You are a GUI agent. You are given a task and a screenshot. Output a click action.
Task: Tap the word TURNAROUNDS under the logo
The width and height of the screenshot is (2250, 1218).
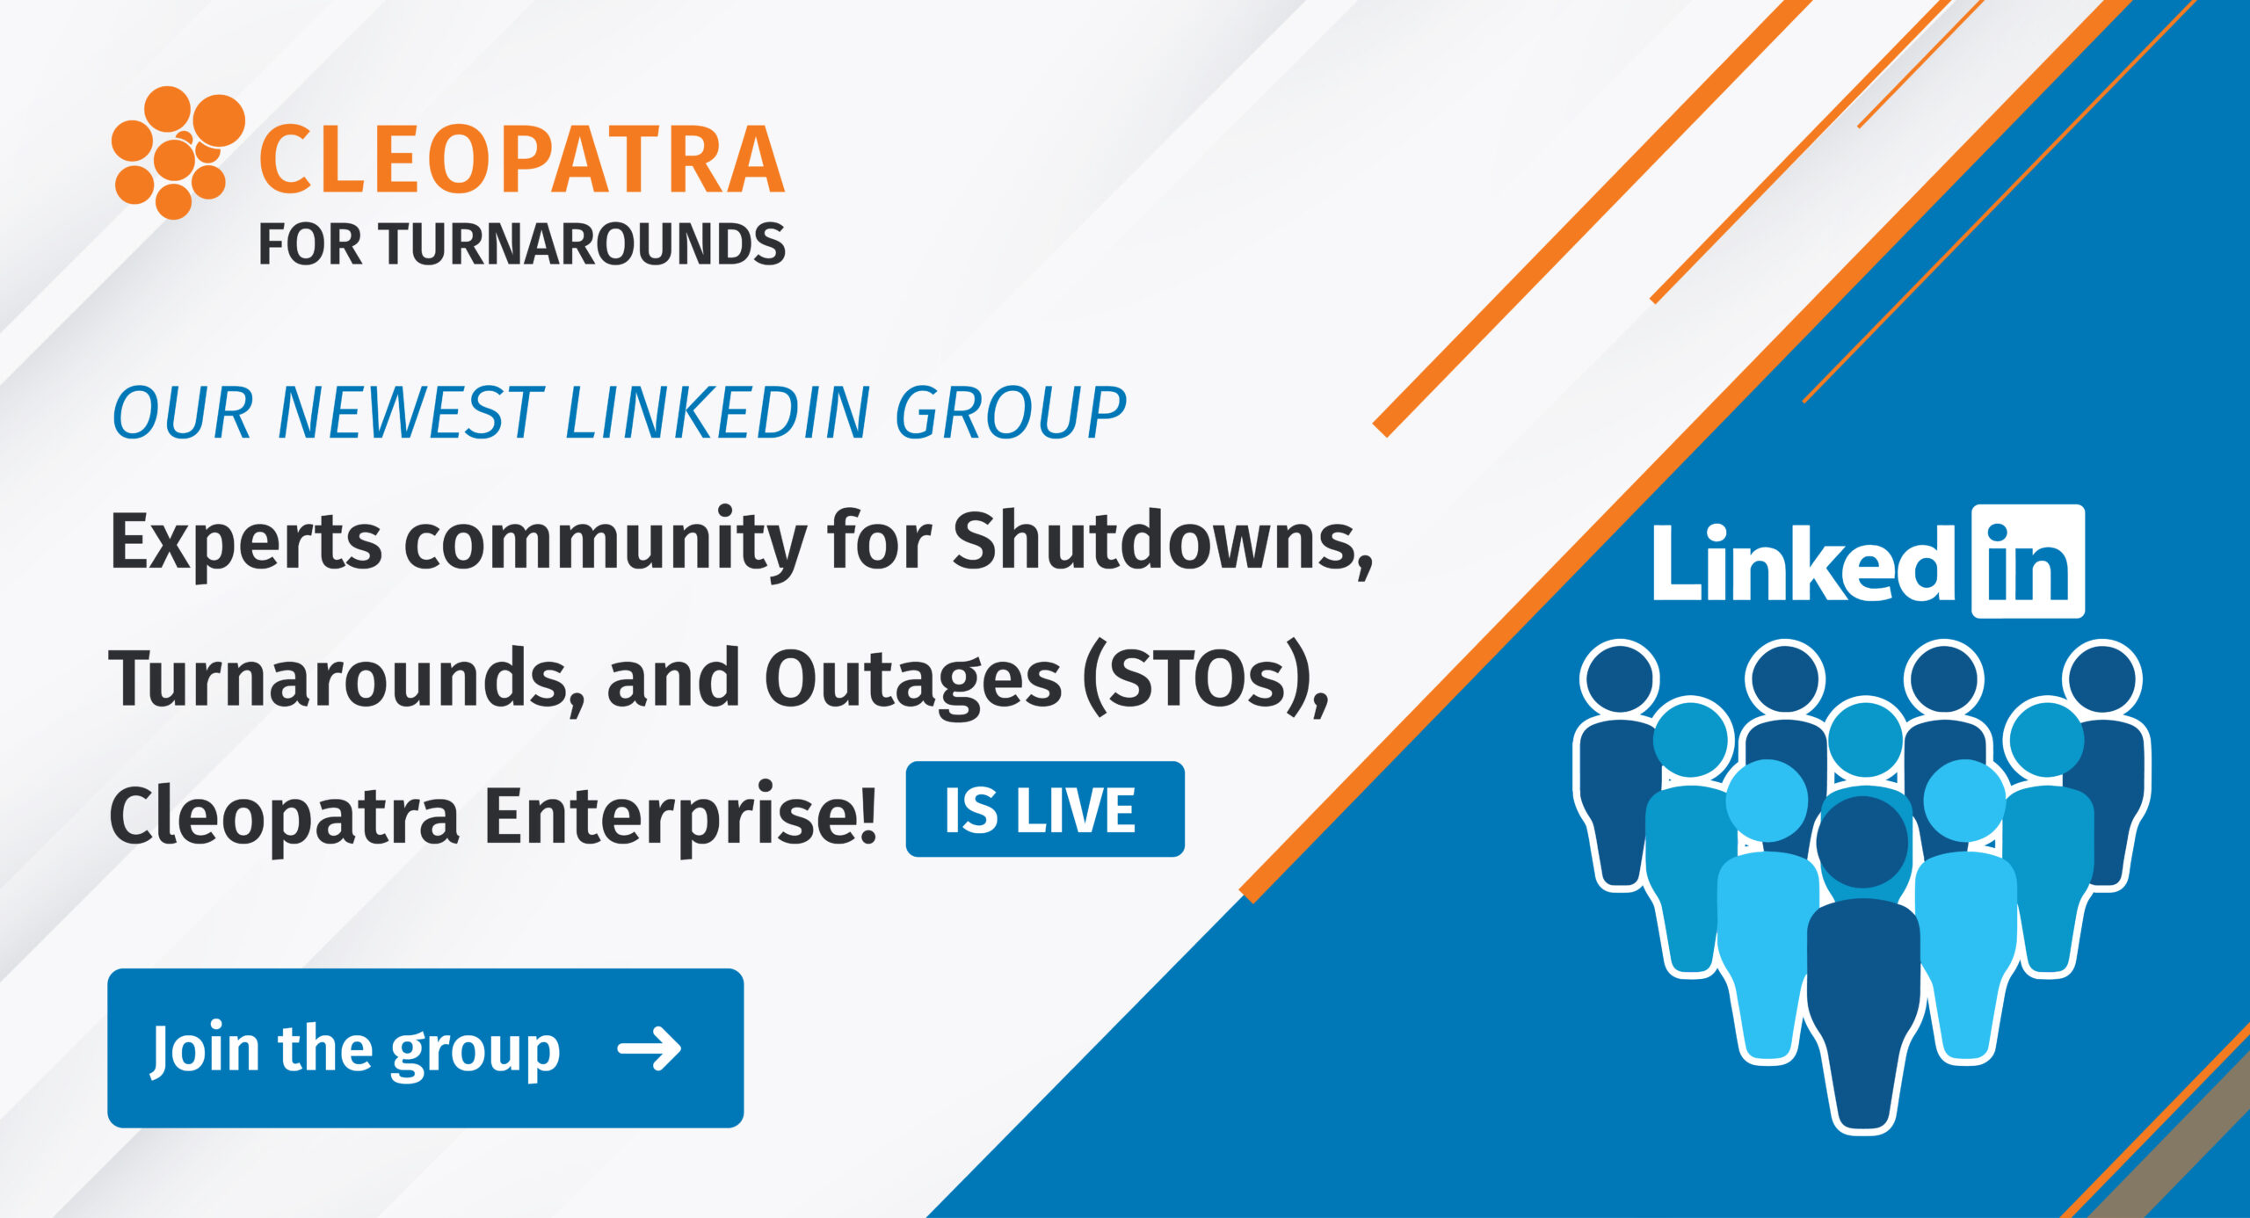583,244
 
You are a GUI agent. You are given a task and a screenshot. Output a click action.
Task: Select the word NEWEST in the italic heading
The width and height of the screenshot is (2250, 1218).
410,413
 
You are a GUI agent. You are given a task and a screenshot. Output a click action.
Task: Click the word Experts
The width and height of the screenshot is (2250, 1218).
245,543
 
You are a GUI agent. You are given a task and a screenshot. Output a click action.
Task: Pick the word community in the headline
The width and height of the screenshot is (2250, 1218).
605,543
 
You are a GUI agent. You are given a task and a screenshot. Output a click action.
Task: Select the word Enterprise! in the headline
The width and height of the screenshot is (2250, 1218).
680,816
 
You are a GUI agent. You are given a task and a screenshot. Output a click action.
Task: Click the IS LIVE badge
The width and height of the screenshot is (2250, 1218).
1044,809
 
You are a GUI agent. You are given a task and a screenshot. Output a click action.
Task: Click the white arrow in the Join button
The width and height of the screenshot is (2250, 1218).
650,1048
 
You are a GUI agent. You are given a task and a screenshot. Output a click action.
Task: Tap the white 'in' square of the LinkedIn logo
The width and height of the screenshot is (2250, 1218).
2027,562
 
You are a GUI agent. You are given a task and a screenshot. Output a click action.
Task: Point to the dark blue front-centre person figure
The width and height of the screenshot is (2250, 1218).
1862,984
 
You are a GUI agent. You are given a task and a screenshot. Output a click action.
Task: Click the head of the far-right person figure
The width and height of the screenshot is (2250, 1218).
2102,678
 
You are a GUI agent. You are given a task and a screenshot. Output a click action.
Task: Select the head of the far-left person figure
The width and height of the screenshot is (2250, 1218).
1619,678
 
